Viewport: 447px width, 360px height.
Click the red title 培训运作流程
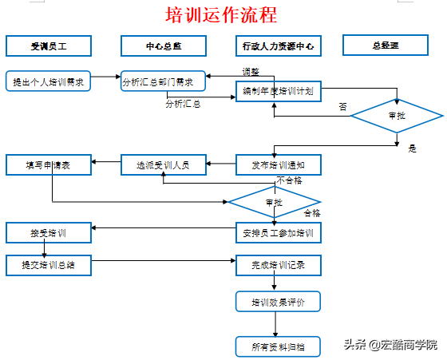pyautogui.click(x=221, y=15)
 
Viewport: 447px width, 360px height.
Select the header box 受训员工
pyautogui.click(x=49, y=45)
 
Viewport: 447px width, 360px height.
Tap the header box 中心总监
pyautogui.click(x=164, y=45)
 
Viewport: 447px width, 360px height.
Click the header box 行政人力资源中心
pyautogui.click(x=279, y=45)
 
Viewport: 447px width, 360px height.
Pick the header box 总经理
pyautogui.click(x=386, y=45)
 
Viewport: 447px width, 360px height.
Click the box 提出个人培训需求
pyautogui.click(x=48, y=81)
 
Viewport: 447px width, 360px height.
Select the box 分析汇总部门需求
pyautogui.click(x=163, y=81)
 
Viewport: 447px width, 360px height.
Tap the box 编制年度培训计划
pyautogui.click(x=279, y=91)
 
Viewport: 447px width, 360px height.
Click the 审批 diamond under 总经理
pyautogui.click(x=397, y=116)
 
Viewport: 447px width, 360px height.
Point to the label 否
pyautogui.click(x=343, y=107)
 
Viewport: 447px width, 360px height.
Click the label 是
pyautogui.click(x=412, y=148)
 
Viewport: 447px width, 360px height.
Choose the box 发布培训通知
pyautogui.click(x=279, y=164)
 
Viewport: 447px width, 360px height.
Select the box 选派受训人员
pyautogui.click(x=164, y=164)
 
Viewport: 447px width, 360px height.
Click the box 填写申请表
pyautogui.click(x=49, y=164)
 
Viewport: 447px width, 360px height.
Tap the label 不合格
pyautogui.click(x=289, y=180)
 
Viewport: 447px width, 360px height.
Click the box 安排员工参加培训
pyautogui.click(x=279, y=233)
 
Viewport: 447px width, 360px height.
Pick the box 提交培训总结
pyautogui.click(x=49, y=265)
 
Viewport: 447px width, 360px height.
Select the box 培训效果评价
pyautogui.click(x=278, y=302)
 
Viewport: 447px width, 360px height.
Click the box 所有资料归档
pyautogui.click(x=278, y=346)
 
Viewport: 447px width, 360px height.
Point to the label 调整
pyautogui.click(x=251, y=72)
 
